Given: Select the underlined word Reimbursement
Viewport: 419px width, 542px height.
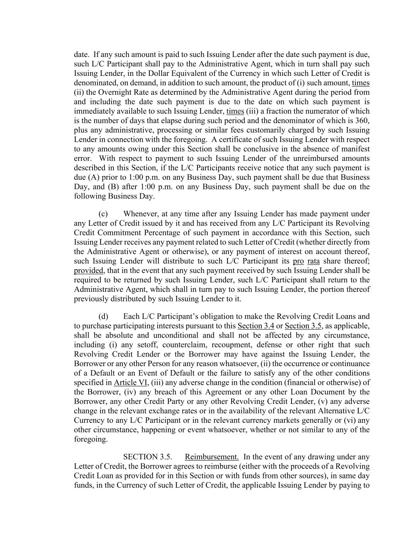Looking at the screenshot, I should (x=212, y=457).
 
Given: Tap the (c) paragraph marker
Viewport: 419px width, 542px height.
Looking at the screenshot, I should (x=103, y=214).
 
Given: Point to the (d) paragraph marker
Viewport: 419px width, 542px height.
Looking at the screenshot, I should (x=103, y=316).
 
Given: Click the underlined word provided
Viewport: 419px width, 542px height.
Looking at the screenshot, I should (x=89, y=270).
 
